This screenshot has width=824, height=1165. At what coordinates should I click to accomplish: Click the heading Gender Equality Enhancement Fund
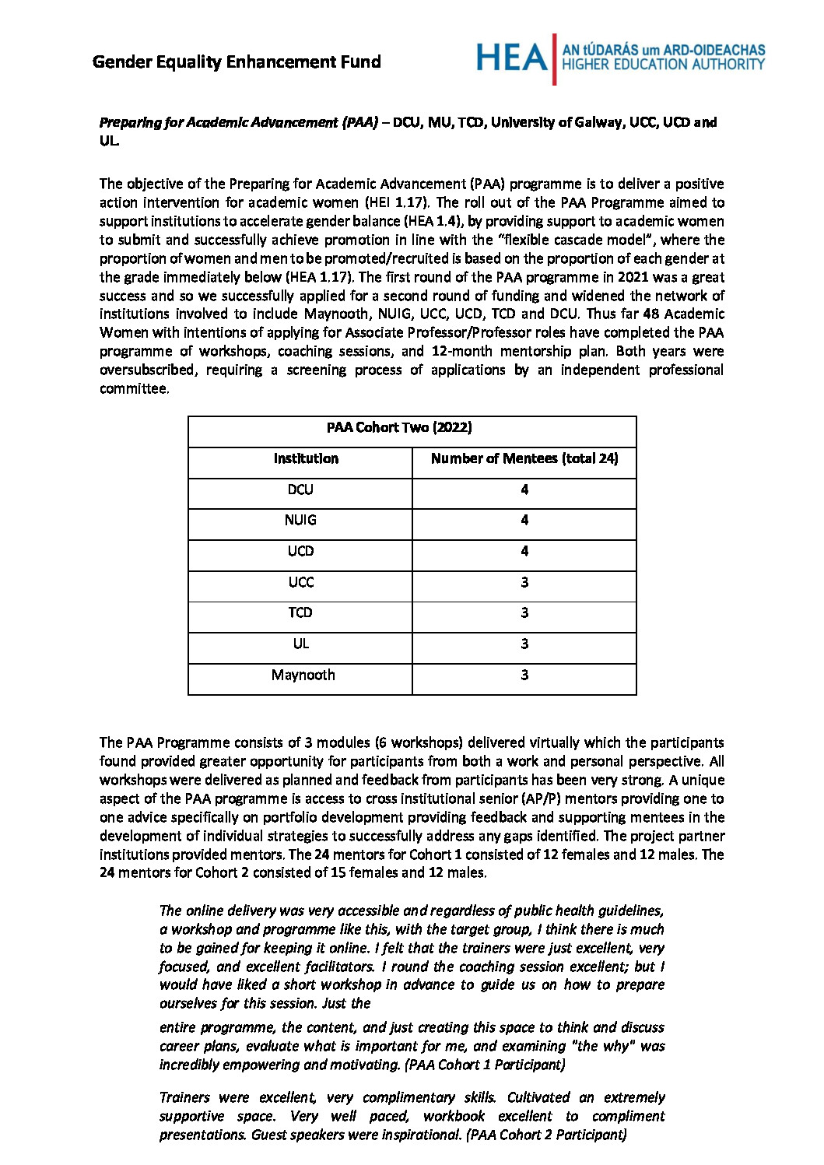click(x=237, y=61)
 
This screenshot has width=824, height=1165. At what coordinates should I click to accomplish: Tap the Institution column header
click(x=306, y=458)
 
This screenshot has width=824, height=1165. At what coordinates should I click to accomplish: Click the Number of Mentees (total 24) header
click(x=524, y=458)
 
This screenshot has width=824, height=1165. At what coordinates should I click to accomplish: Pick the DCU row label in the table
click(x=300, y=490)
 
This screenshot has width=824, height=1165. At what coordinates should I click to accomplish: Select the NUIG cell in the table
click(x=300, y=520)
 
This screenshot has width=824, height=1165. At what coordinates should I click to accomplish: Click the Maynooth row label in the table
click(x=303, y=675)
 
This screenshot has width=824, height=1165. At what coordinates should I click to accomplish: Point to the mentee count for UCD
click(x=524, y=551)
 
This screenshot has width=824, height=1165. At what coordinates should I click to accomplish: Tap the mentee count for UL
click(x=524, y=644)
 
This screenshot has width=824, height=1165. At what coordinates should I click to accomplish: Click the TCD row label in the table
click(x=300, y=612)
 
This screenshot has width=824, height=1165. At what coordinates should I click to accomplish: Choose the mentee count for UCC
click(x=524, y=582)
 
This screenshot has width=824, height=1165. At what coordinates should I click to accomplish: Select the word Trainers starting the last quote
click(x=184, y=1097)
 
